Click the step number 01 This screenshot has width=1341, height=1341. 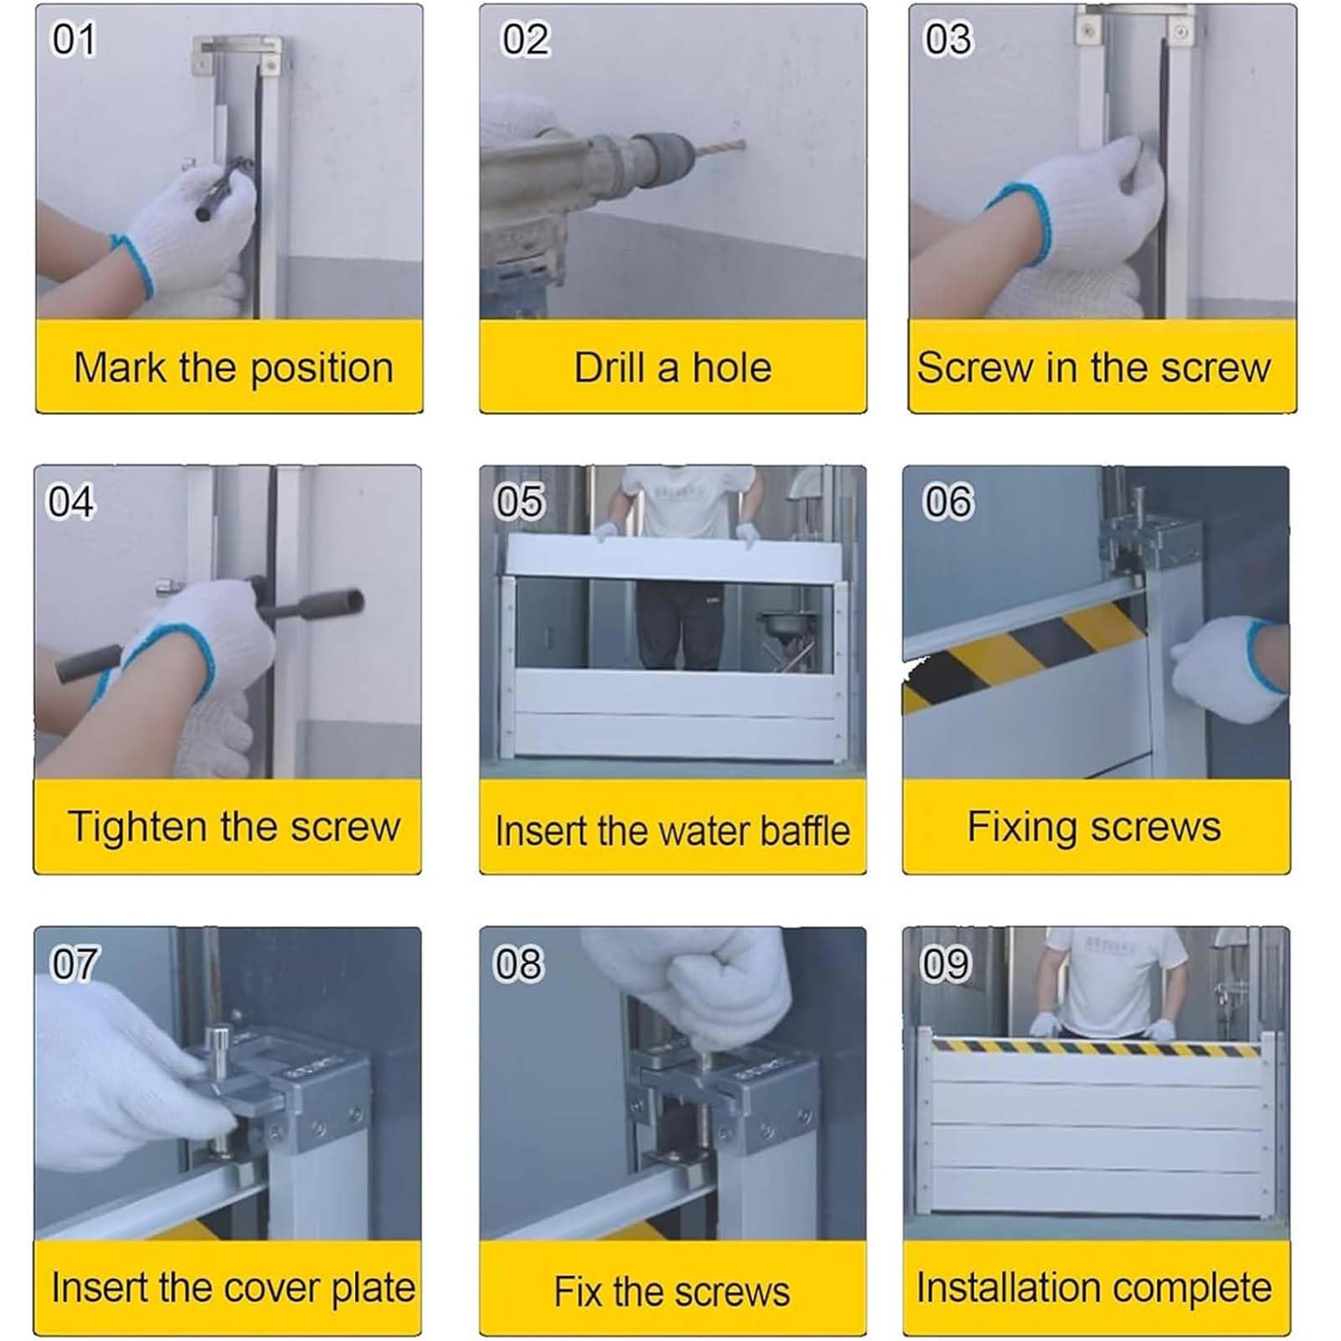[74, 39]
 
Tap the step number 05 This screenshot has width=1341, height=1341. [519, 502]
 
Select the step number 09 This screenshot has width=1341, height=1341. [946, 963]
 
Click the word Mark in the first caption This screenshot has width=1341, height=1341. [120, 368]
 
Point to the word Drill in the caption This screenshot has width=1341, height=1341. [610, 368]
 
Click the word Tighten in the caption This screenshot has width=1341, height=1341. [137, 828]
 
